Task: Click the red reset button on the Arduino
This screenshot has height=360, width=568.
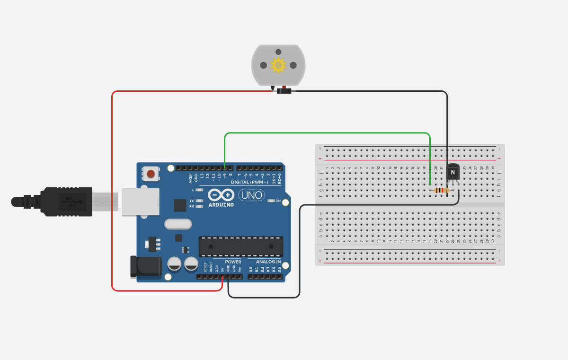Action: pos(151,174)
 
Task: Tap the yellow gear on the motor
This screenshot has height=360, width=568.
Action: pos(278,65)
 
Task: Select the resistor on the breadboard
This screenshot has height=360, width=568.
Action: pos(442,191)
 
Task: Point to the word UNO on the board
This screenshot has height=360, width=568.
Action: pos(251,195)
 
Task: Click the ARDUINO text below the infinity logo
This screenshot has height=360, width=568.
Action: pos(221,205)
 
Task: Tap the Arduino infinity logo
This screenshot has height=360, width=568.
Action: pos(221,195)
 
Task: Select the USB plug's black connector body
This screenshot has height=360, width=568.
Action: pos(66,202)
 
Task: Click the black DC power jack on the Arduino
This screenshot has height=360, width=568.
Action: pos(145,267)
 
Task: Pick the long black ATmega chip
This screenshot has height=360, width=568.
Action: pos(240,246)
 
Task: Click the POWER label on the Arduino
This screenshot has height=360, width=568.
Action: pos(233,262)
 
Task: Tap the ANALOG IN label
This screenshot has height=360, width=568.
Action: pos(268,262)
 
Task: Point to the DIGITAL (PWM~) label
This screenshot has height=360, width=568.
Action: pos(249,182)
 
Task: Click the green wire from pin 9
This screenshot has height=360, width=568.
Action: pos(327,133)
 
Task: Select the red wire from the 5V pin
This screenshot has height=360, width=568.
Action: pos(112,189)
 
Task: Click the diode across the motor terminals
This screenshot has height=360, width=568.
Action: pos(284,91)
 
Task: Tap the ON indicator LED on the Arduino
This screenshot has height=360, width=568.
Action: pos(271,201)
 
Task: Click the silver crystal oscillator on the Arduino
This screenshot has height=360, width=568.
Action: pos(177,224)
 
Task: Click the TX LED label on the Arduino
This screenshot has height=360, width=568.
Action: pos(192,201)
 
